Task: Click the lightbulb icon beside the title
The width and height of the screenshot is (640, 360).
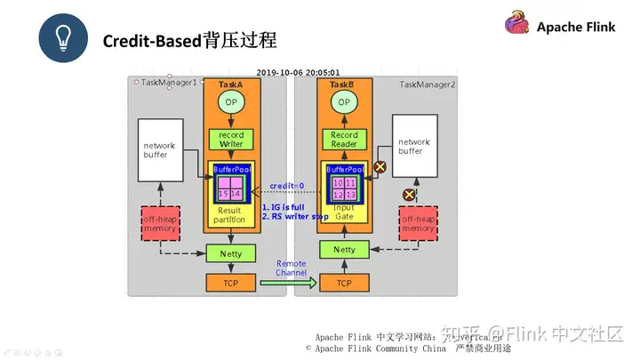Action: [x=63, y=40]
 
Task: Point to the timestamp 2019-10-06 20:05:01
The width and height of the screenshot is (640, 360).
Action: [x=298, y=73]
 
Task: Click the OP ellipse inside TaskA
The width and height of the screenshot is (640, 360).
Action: [x=231, y=103]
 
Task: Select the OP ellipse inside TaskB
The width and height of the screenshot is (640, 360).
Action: [x=344, y=103]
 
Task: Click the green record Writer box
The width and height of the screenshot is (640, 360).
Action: [x=231, y=140]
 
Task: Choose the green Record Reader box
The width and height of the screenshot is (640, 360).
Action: [x=344, y=140]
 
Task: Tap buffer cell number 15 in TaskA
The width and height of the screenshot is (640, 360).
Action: [x=224, y=193]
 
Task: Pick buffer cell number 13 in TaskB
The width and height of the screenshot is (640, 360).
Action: [x=351, y=195]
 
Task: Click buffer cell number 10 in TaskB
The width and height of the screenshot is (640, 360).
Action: [x=337, y=182]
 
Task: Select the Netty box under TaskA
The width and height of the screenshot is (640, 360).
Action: [x=231, y=253]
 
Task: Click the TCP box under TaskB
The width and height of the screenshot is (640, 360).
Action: [x=344, y=283]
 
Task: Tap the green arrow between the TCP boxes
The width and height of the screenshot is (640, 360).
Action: [x=288, y=284]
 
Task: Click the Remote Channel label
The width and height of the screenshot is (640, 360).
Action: [x=291, y=268]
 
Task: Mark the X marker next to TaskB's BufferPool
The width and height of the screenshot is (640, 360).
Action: [x=380, y=166]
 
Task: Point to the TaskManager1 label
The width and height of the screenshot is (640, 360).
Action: [x=168, y=82]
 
